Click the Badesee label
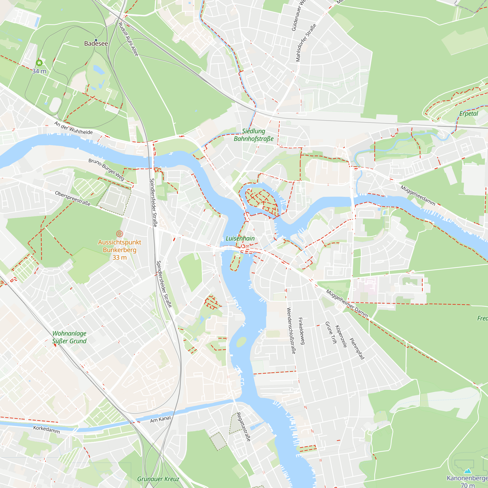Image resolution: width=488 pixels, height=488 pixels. [x=96, y=44]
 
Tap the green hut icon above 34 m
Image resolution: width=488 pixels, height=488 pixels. [x=39, y=63]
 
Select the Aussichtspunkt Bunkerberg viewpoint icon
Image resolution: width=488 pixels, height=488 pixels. [x=120, y=234]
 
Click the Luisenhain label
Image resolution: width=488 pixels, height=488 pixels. [x=240, y=238]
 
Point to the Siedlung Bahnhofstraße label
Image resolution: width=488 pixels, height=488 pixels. [x=254, y=135]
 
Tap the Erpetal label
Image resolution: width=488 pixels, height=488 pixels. [x=468, y=114]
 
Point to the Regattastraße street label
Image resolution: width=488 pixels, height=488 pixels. [x=244, y=427]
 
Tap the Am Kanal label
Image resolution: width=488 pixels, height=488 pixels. [x=160, y=419]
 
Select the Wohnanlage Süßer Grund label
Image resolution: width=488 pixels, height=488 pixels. [x=69, y=337]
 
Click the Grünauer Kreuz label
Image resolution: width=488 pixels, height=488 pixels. [x=158, y=479]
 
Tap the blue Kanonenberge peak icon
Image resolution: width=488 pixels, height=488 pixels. [x=468, y=471]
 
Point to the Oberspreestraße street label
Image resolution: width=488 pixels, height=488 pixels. [x=73, y=198]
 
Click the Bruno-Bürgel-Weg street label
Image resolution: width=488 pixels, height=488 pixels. [x=106, y=170]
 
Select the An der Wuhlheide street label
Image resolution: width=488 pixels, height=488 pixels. [x=73, y=128]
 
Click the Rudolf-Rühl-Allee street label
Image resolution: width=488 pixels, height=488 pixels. [x=128, y=39]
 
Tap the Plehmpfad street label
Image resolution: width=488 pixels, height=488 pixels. [x=357, y=349]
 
